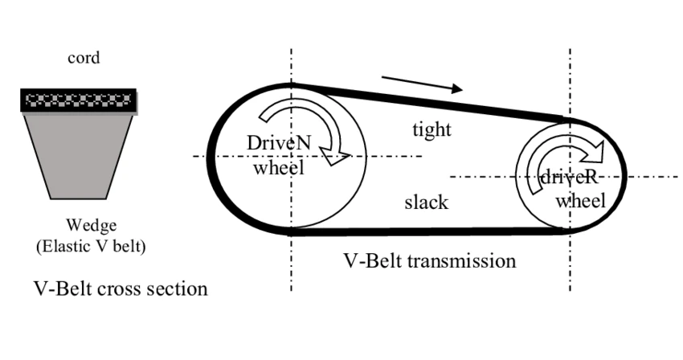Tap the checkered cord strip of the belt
[x=78, y=101]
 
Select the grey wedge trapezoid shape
[x=78, y=153]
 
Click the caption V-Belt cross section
[x=121, y=288]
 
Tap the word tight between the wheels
[x=431, y=129]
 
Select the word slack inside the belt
[x=426, y=202]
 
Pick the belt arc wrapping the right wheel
[x=623, y=173]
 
